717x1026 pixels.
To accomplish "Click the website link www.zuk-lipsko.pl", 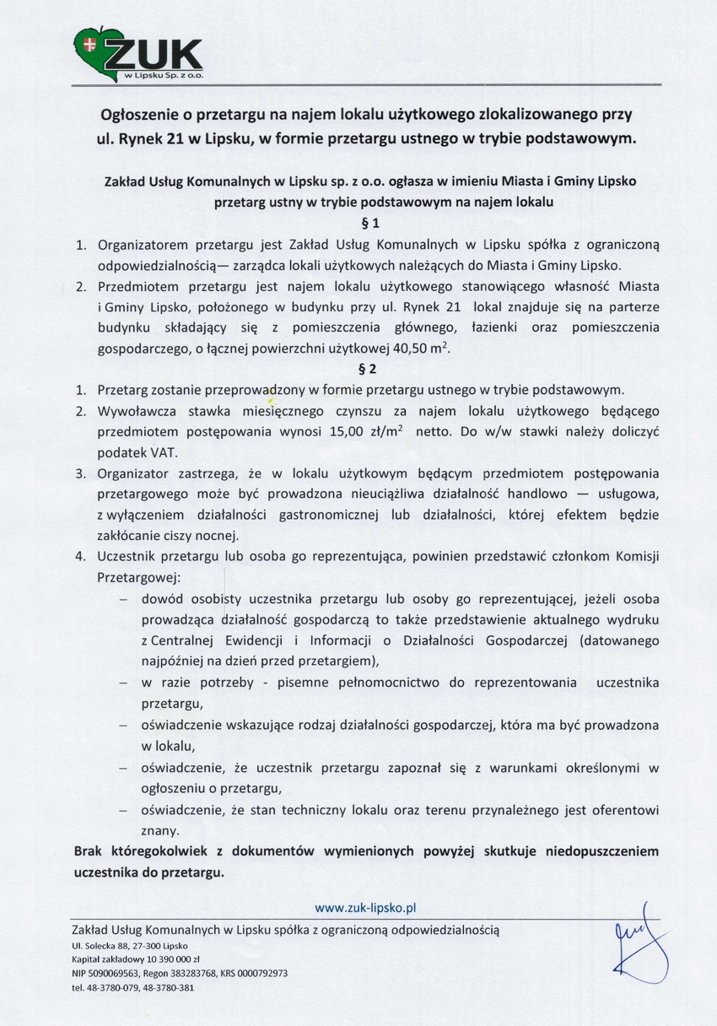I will click(x=366, y=908).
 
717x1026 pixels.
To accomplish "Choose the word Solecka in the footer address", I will click(x=100, y=947).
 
